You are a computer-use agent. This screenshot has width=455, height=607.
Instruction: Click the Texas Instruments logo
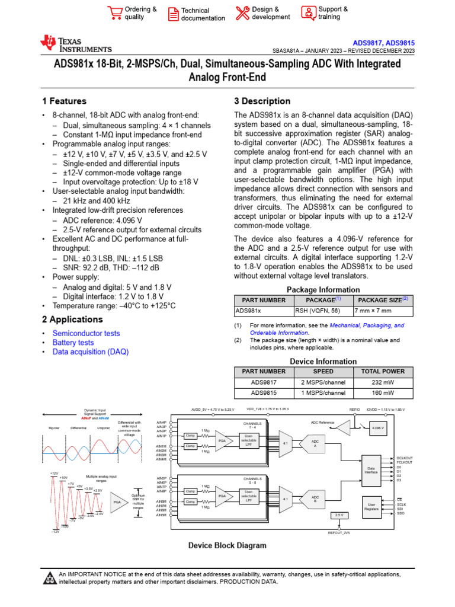[75, 43]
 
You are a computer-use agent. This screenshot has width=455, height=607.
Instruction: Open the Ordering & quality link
[140, 13]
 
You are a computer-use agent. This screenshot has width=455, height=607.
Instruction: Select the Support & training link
[333, 13]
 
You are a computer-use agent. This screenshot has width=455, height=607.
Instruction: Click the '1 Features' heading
[65, 101]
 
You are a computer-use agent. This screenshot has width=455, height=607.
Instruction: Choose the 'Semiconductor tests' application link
[86, 333]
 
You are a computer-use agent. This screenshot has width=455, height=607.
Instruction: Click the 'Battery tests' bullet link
[73, 343]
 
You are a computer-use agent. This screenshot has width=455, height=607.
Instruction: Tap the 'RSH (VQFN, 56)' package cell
[318, 310]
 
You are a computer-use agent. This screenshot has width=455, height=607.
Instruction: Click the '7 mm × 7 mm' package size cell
[374, 310]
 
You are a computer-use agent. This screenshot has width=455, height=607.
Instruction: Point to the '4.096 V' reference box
[377, 428]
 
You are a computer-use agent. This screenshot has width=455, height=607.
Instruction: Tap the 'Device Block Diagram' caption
[227, 545]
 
